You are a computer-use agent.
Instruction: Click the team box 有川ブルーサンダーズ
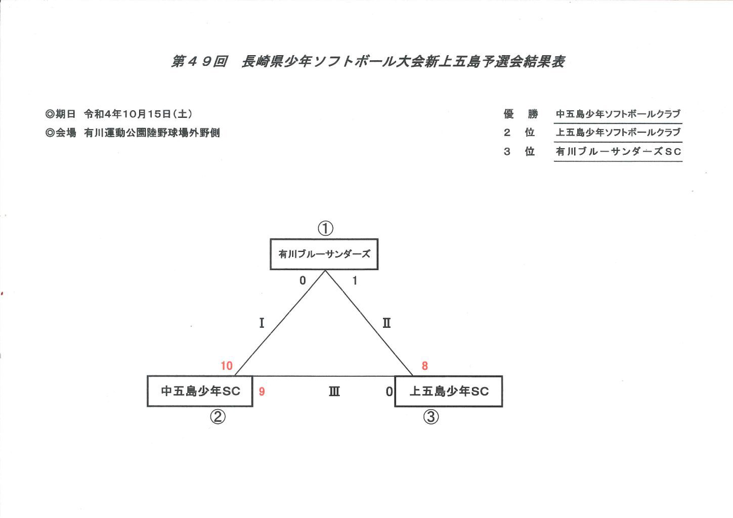point(324,254)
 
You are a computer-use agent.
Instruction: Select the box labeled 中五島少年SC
point(200,392)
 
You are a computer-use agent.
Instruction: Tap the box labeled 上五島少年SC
point(449,392)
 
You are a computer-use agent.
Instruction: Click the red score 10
point(227,366)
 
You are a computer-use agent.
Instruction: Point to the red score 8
point(425,366)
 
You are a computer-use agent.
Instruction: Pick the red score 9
point(262,392)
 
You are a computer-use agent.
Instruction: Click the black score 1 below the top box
point(355,280)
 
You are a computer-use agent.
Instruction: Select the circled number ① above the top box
point(326,228)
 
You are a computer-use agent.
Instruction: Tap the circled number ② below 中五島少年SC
point(218,417)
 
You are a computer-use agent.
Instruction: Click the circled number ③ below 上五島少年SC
point(431,417)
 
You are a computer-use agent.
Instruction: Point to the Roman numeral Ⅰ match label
point(262,323)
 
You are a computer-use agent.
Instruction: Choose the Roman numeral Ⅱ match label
point(386,323)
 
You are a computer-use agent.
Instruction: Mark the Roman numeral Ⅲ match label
point(334,392)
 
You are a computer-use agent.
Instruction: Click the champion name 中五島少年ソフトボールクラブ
point(618,114)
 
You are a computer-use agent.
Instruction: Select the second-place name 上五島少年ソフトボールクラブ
point(618,132)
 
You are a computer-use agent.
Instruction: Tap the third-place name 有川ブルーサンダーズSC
point(618,151)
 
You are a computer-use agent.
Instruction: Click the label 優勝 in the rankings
point(521,114)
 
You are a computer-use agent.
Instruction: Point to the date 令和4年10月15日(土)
point(138,114)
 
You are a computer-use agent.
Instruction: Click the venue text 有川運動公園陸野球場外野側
point(152,133)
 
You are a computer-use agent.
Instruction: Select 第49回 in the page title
point(199,62)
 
